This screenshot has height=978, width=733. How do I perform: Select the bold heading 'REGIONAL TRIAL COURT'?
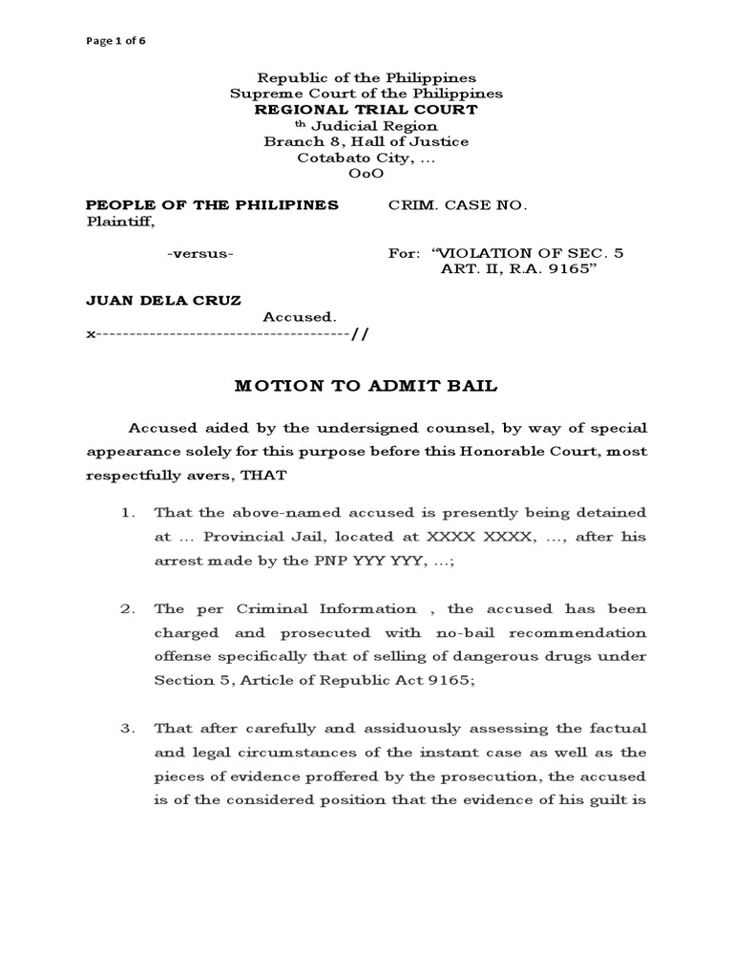pos(366,110)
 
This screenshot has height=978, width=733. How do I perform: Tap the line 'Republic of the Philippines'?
pos(367,77)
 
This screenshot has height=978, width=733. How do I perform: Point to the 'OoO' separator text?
pos(366,174)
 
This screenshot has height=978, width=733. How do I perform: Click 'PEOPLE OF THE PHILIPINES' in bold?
pos(212,205)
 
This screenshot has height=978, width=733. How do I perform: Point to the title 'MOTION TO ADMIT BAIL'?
pos(366,386)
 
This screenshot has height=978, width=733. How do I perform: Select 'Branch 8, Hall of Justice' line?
pos(366,141)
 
